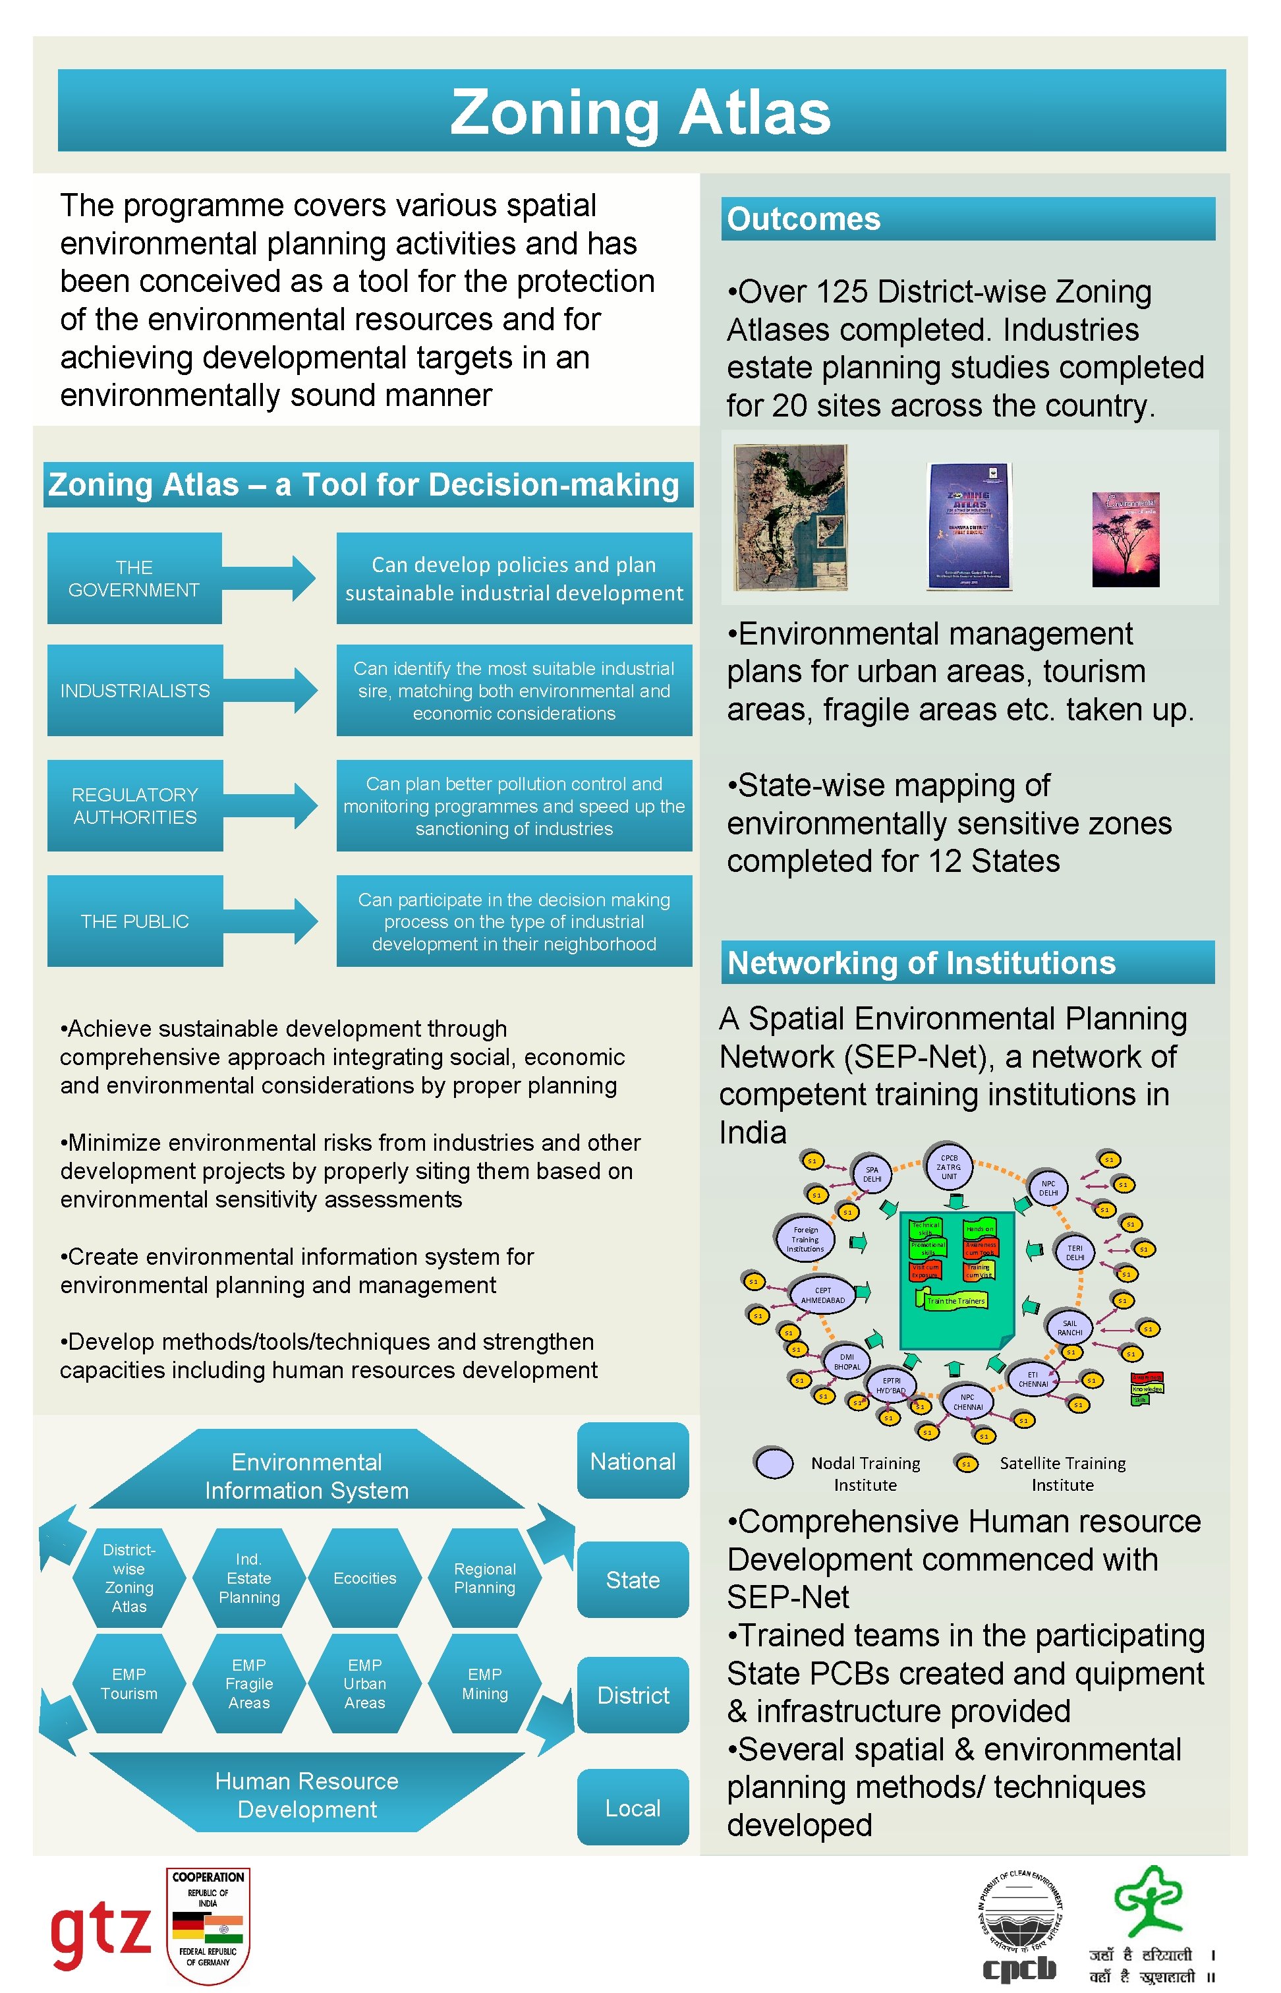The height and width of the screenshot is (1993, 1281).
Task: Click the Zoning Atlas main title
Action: point(640,111)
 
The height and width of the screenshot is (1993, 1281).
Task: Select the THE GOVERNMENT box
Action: point(134,578)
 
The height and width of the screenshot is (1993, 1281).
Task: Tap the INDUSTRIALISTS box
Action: point(134,691)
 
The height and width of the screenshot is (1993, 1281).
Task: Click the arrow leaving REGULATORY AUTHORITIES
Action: point(270,805)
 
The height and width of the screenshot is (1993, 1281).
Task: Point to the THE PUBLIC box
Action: point(134,921)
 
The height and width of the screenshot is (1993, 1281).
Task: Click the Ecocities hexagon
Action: point(364,1578)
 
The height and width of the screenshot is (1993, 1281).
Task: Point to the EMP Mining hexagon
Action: point(484,1683)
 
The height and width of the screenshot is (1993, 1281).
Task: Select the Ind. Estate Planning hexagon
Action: point(248,1578)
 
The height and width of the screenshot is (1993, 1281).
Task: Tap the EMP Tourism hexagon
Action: point(129,1683)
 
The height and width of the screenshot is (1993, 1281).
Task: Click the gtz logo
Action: point(101,1930)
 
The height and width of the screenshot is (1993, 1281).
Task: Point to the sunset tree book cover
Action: point(1125,539)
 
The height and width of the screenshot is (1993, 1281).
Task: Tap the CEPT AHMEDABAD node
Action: point(822,1295)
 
